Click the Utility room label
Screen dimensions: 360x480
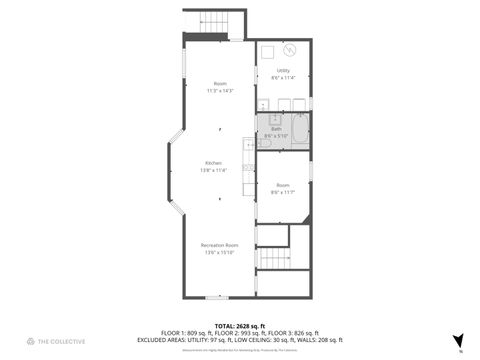284,71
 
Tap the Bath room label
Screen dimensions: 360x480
276,128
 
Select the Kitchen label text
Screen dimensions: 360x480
213,163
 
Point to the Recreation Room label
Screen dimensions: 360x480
219,245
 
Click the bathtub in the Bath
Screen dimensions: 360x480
298,131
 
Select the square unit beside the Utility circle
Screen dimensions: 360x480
269,51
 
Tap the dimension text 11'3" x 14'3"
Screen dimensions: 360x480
220,91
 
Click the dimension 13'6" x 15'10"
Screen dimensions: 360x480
219,252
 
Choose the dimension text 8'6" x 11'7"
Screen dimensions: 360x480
283,192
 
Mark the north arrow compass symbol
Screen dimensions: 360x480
458,341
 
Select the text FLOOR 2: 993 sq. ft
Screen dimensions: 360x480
241,332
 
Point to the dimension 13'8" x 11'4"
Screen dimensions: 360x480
213,170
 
